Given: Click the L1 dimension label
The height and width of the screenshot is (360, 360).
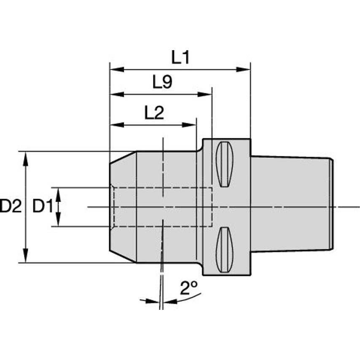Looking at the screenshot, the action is pyautogui.click(x=180, y=57).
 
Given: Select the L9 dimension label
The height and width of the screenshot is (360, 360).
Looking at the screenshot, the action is pyautogui.click(x=162, y=82).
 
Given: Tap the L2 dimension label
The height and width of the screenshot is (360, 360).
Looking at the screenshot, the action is pyautogui.click(x=154, y=113).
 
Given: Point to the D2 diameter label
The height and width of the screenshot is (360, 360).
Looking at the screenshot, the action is pyautogui.click(x=11, y=206).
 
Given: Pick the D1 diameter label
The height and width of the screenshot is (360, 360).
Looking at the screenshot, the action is pyautogui.click(x=43, y=206).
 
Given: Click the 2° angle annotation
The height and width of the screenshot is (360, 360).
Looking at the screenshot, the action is pyautogui.click(x=189, y=287).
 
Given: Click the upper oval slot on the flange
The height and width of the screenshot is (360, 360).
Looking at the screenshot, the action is pyautogui.click(x=225, y=164).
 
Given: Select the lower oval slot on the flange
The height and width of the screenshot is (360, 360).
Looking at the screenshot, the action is pyautogui.click(x=225, y=250).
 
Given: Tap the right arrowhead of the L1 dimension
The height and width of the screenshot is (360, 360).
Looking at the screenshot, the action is pyautogui.click(x=243, y=69).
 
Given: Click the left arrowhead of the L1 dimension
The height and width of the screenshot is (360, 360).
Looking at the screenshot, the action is pyautogui.click(x=117, y=69).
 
